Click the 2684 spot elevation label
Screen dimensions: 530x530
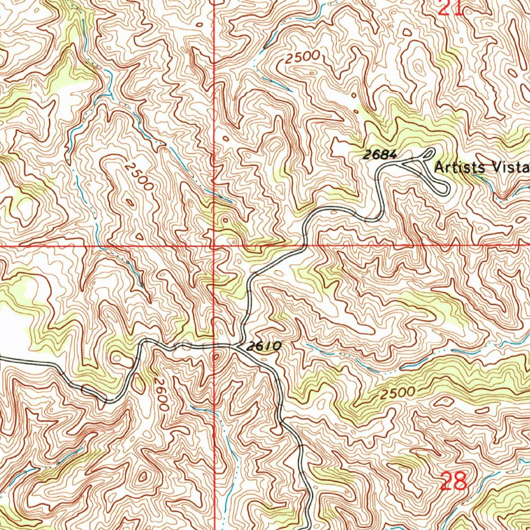coord(379,154)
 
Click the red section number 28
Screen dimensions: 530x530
coord(454,482)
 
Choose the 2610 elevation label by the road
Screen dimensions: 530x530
coord(263,346)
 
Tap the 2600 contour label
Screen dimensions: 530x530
coord(160,393)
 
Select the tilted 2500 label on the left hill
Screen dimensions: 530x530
coord(139,175)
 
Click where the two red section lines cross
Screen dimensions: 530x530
coord(214,245)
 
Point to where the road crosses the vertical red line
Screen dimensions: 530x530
coord(214,344)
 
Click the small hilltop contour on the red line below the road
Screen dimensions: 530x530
coord(215,357)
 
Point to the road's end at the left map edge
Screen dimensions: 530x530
coord(2,357)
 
